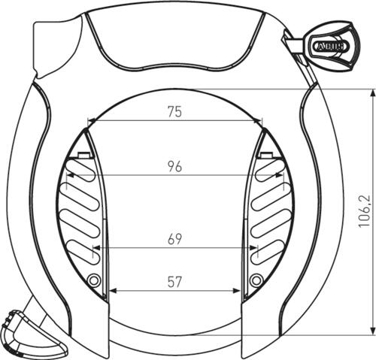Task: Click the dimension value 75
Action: point(174,111)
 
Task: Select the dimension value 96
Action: point(174,167)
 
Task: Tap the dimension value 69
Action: point(174,239)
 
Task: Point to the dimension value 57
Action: point(174,282)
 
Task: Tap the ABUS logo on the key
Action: point(332,47)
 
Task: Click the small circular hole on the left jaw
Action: point(94,280)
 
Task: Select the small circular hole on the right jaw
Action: point(256,280)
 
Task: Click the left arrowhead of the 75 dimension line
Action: point(90,120)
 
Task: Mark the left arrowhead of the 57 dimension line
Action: point(111,291)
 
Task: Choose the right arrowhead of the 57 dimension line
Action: point(238,291)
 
